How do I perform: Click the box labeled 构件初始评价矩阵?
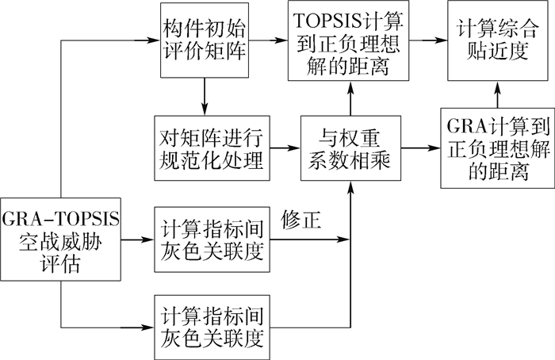[205, 40]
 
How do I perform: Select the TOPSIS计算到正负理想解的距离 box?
[347, 40]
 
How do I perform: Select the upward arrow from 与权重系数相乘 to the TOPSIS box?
[348, 98]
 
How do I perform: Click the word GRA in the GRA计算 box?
[462, 129]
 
